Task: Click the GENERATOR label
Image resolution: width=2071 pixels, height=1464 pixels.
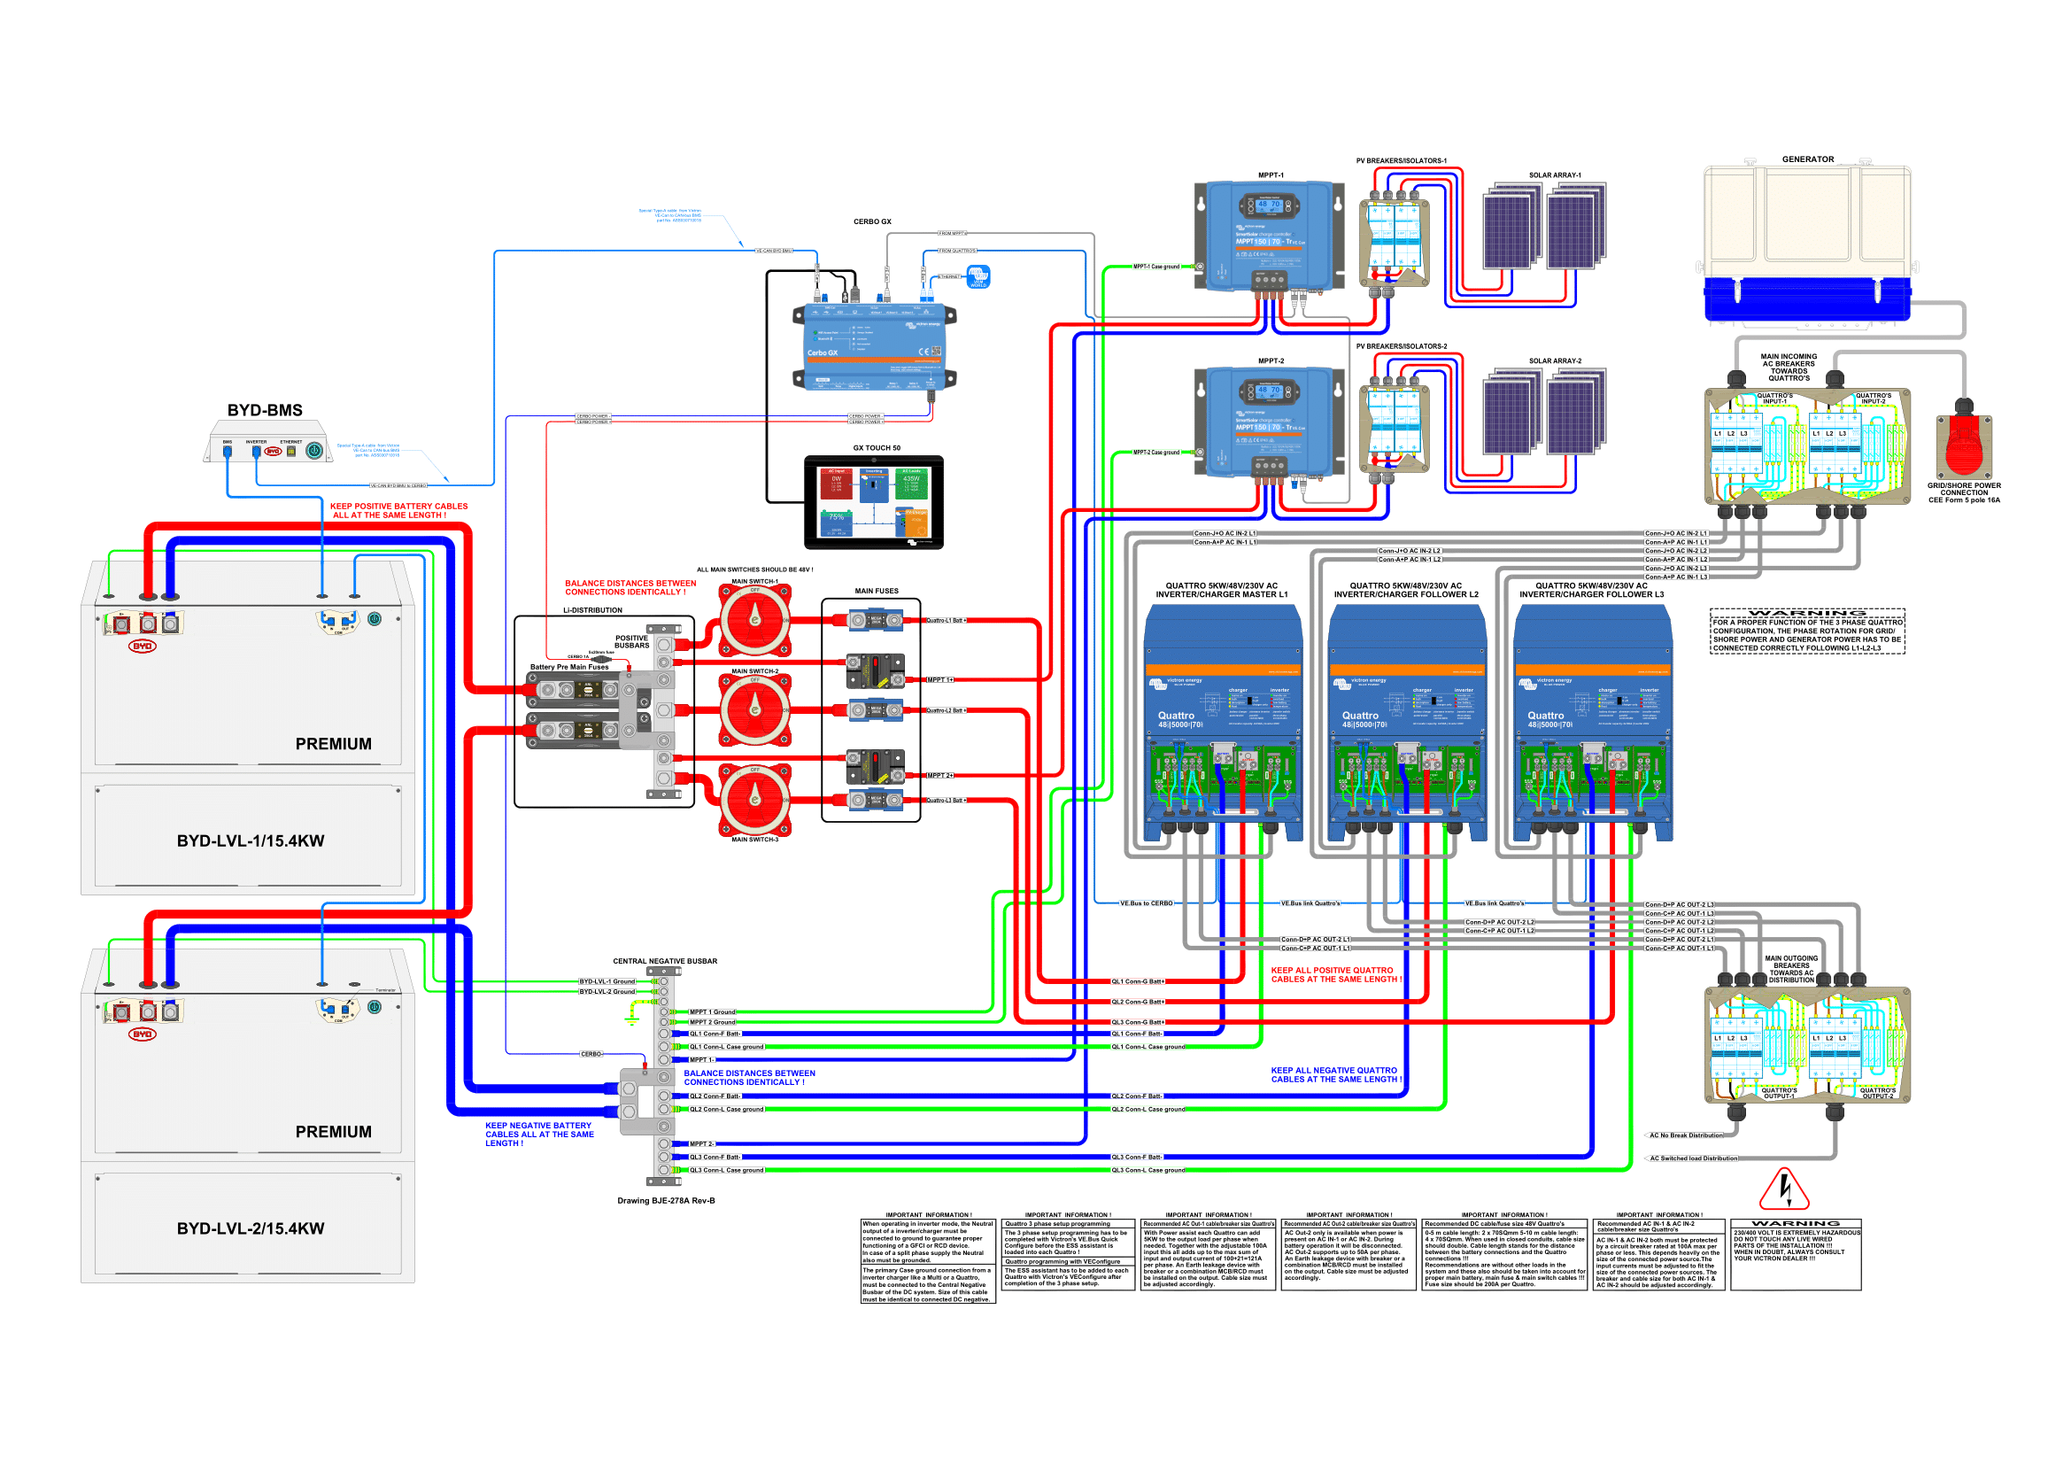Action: pyautogui.click(x=1807, y=159)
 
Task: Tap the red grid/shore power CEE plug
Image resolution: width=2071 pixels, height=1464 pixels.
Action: pyautogui.click(x=1963, y=444)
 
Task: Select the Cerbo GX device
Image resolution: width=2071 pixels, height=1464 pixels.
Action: pyautogui.click(x=873, y=347)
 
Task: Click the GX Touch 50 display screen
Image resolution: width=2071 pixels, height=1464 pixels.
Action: pyautogui.click(x=873, y=502)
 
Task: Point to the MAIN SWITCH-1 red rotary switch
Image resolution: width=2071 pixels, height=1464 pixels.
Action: pyautogui.click(x=755, y=621)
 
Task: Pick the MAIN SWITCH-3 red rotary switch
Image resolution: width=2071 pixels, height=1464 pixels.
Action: pyautogui.click(x=755, y=799)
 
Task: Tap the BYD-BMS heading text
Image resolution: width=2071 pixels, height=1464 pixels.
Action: pyautogui.click(x=264, y=410)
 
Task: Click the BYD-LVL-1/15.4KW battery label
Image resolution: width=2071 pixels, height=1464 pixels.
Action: pyautogui.click(x=250, y=840)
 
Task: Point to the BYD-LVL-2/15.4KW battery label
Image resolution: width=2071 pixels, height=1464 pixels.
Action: pyautogui.click(x=250, y=1228)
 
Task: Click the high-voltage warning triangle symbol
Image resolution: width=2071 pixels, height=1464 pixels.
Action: pyautogui.click(x=1783, y=1189)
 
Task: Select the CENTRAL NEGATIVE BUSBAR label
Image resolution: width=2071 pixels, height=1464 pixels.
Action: pyautogui.click(x=665, y=962)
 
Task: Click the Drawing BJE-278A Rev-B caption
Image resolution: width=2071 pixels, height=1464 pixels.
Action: pyautogui.click(x=666, y=1201)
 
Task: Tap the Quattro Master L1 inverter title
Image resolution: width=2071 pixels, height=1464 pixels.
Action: pyautogui.click(x=1221, y=590)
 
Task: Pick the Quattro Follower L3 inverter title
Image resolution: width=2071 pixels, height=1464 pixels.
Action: pyautogui.click(x=1591, y=590)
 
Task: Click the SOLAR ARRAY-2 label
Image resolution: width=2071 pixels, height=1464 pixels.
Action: pyautogui.click(x=1554, y=360)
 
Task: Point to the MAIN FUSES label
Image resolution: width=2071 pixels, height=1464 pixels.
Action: pyautogui.click(x=876, y=591)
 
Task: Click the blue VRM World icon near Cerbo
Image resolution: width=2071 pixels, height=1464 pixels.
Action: pyautogui.click(x=978, y=276)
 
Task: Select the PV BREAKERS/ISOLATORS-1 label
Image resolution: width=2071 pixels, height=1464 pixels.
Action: pyautogui.click(x=1401, y=160)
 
